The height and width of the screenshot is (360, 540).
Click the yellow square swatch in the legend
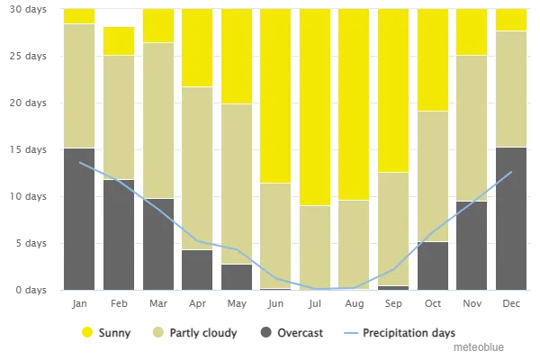pos(86,332)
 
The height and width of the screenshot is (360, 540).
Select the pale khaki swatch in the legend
pos(162,332)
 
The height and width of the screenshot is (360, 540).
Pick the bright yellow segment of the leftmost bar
pos(79,16)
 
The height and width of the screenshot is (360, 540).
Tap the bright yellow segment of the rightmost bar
pos(511,20)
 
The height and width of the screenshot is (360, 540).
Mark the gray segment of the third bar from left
pos(157,244)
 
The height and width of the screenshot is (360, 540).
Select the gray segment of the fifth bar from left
pos(237,276)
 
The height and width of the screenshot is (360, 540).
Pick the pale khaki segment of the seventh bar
pos(315,247)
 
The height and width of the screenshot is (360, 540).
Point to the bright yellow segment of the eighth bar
pos(354,104)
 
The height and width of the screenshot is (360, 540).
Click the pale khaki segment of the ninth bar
pos(393,229)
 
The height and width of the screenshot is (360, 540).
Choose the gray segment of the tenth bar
pos(433,265)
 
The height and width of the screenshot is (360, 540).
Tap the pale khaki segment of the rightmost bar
pos(511,89)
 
